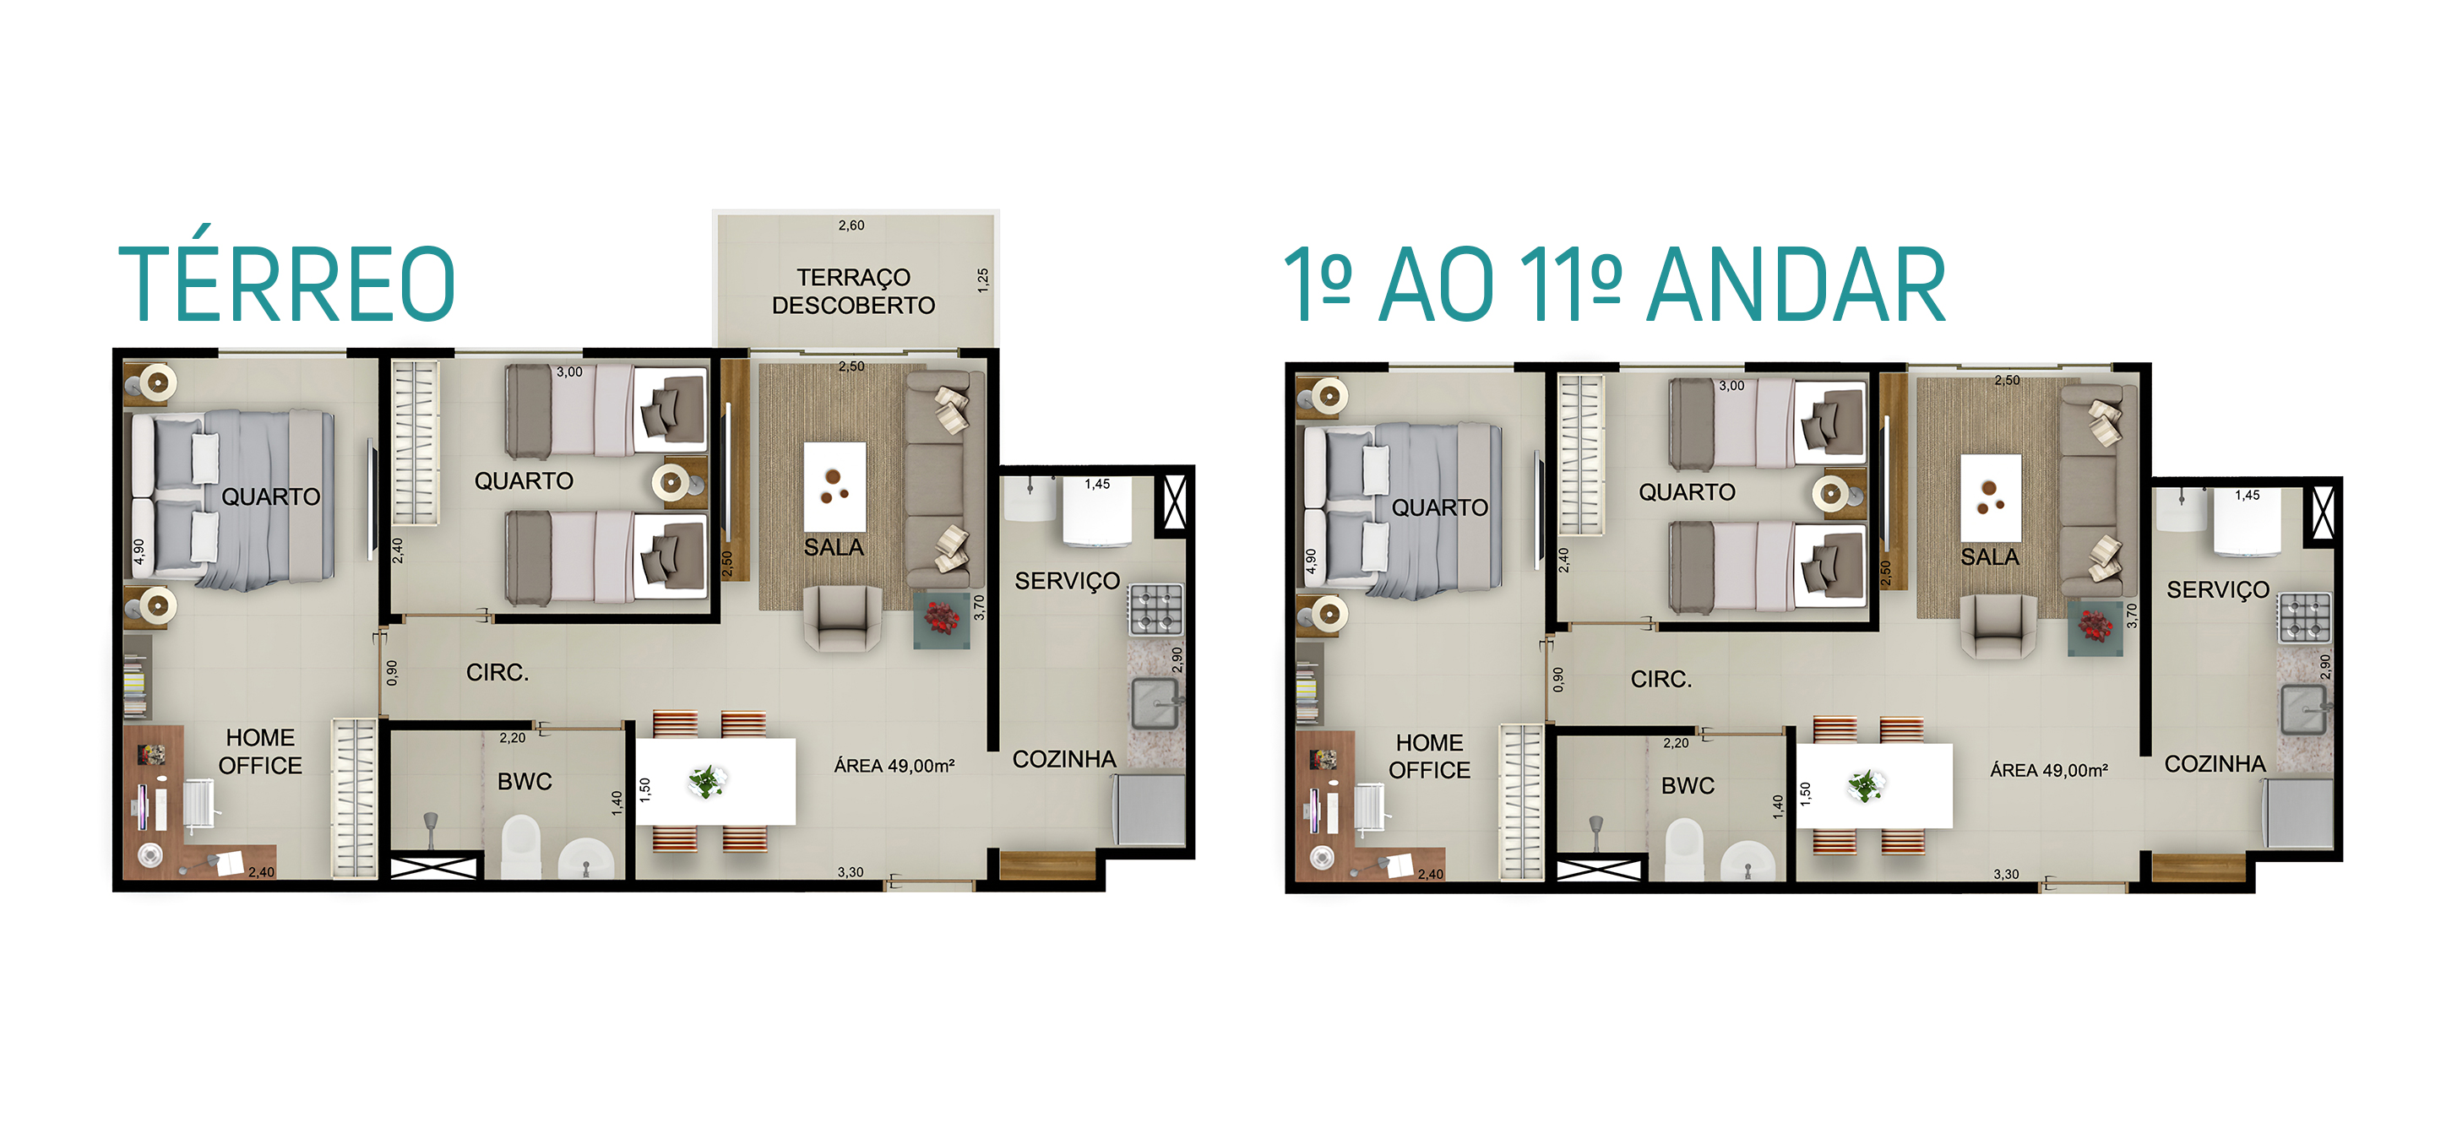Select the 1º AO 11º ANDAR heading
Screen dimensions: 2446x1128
[1614, 284]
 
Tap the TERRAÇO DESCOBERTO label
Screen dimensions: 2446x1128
[854, 291]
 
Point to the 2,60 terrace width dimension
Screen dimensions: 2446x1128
[851, 226]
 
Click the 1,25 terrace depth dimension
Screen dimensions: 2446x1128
[983, 280]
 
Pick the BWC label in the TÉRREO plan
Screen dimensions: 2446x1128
[525, 782]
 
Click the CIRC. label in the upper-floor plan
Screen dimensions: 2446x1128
[1661, 680]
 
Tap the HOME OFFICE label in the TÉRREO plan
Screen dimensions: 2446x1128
[260, 751]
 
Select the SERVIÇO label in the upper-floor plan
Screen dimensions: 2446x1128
[2218, 589]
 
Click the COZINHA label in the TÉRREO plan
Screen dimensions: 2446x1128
[1064, 759]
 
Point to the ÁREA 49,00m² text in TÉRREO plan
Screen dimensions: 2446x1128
[894, 765]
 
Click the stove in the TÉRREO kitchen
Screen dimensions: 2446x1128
[1155, 609]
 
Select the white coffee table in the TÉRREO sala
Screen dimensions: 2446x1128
[834, 486]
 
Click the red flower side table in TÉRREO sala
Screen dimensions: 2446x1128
[942, 620]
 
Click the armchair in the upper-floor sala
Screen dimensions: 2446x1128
[1998, 626]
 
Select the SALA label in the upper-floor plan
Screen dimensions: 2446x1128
[1989, 556]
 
